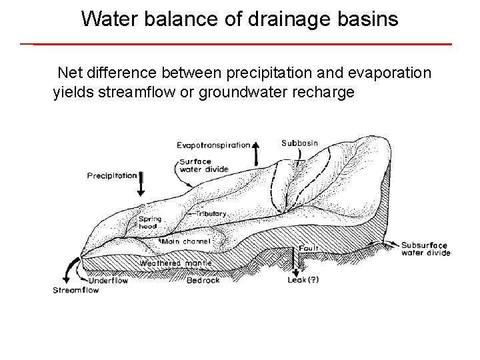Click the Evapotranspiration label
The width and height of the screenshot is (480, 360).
coord(213,145)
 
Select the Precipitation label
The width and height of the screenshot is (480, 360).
coord(112,176)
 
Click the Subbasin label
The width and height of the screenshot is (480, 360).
coord(299,143)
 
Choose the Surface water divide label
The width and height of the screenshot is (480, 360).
coord(204,165)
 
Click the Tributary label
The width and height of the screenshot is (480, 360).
coord(211,213)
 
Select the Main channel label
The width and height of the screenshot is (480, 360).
coord(186,241)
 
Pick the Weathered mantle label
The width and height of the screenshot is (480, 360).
coord(175,263)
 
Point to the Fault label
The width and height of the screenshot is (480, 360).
coord(309,248)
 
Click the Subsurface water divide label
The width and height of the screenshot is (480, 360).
coord(425,249)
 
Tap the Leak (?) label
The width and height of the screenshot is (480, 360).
coord(303,280)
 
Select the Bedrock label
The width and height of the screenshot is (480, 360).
coord(203,280)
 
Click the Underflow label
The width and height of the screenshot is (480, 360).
coord(108,281)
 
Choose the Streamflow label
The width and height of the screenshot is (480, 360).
coord(76,290)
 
